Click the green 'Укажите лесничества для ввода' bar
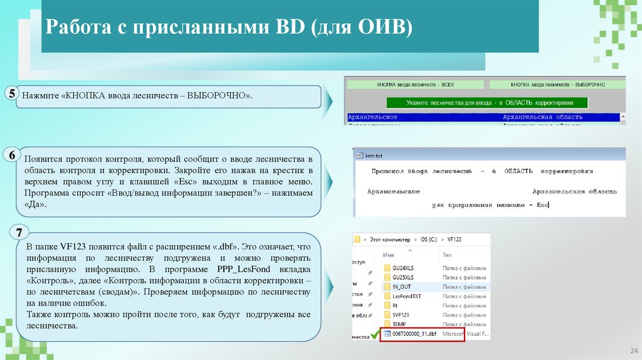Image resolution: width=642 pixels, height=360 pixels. coord(487,102)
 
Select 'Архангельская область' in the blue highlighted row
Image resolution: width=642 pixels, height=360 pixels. coord(542,117)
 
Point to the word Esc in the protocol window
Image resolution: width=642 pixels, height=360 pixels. coord(542,204)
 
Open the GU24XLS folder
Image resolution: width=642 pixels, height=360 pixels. coord(403,268)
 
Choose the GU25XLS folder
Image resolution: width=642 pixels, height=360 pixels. coord(403,277)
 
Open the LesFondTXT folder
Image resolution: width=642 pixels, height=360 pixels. coord(407,296)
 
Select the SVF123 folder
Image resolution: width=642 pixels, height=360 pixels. coord(401,315)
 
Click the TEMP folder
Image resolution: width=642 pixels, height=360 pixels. coord(399,324)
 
